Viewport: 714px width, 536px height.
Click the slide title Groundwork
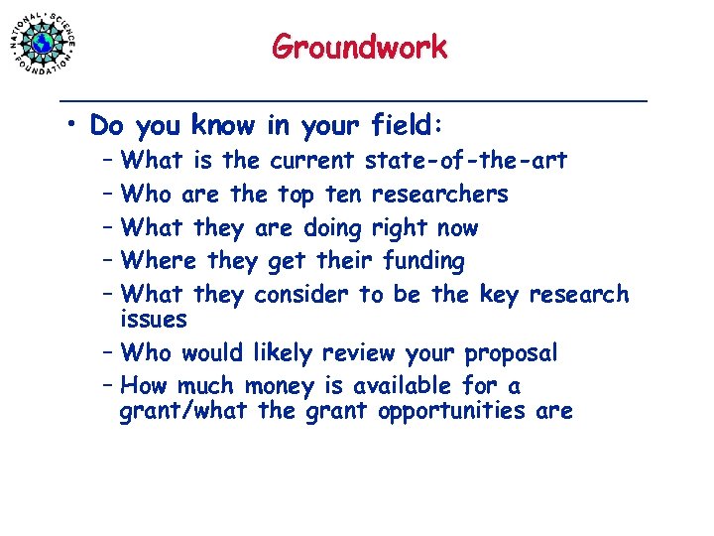(359, 47)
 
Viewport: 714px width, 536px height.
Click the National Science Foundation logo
(45, 43)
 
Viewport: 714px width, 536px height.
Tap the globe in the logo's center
(44, 44)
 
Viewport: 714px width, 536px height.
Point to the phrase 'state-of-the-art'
(466, 161)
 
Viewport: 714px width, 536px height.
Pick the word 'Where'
(161, 262)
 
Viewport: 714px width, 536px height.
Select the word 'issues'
(153, 320)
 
